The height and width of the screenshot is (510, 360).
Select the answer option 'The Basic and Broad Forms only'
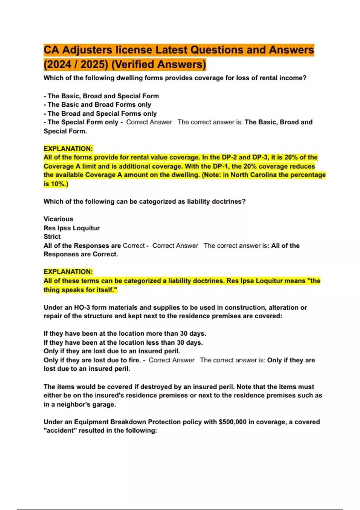click(97, 105)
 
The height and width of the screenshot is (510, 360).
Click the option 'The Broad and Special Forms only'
click(100, 114)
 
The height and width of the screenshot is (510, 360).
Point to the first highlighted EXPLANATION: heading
click(68, 149)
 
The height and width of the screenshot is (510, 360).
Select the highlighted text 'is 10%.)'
click(56, 184)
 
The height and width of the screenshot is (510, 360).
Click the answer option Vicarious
click(58, 219)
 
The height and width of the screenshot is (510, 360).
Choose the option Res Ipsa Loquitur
click(71, 228)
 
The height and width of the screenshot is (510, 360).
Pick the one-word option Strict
click(52, 237)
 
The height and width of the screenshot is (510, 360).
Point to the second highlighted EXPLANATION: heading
click(68, 272)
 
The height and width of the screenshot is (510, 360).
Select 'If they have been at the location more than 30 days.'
click(125, 334)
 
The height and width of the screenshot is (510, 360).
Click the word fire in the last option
click(134, 360)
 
